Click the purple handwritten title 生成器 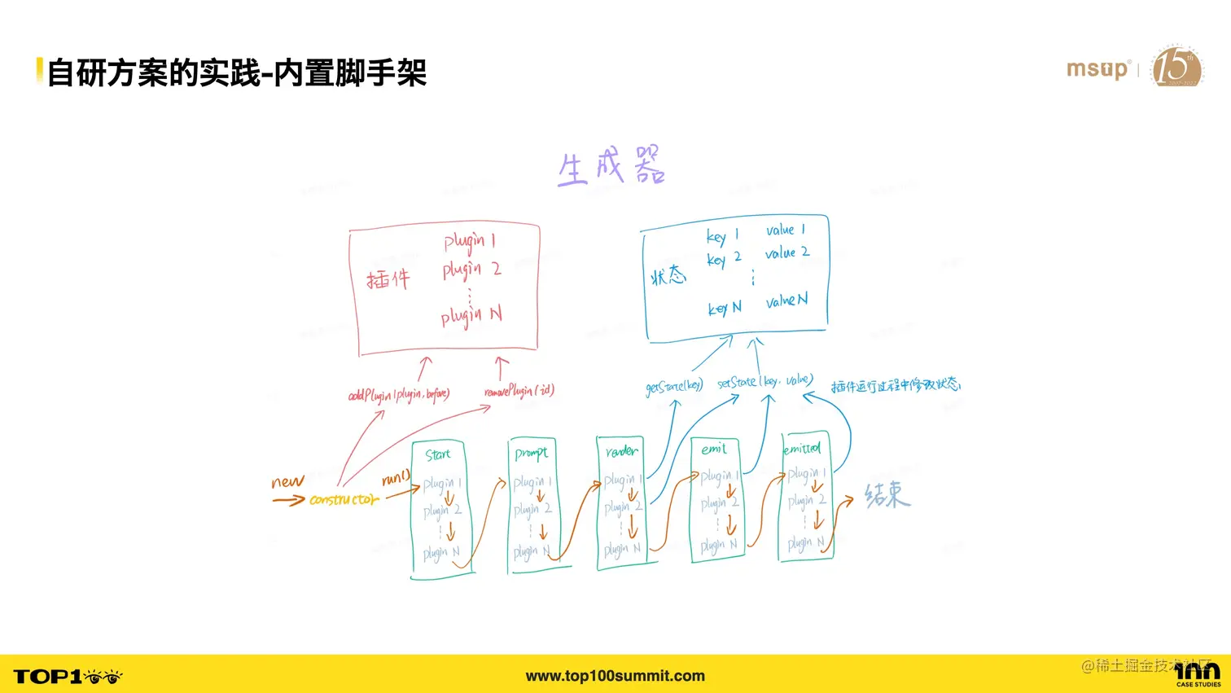pyautogui.click(x=611, y=166)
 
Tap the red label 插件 pyautogui.click(x=388, y=279)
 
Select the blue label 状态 pyautogui.click(x=668, y=276)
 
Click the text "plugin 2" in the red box pyautogui.click(x=471, y=269)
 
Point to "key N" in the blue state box pyautogui.click(x=724, y=308)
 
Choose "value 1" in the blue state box pyautogui.click(x=785, y=230)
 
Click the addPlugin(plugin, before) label pyautogui.click(x=398, y=395)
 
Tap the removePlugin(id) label pyautogui.click(x=519, y=391)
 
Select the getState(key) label pyautogui.click(x=673, y=386)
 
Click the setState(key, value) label pyautogui.click(x=764, y=381)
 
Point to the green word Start pyautogui.click(x=437, y=454)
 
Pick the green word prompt pyautogui.click(x=531, y=454)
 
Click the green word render pyautogui.click(x=621, y=450)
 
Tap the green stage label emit pyautogui.click(x=713, y=449)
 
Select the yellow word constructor pyautogui.click(x=344, y=499)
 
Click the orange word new pyautogui.click(x=287, y=482)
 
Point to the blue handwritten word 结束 pyautogui.click(x=887, y=494)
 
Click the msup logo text pyautogui.click(x=1097, y=69)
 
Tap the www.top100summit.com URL pyautogui.click(x=615, y=676)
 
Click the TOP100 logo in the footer pyautogui.click(x=68, y=677)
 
